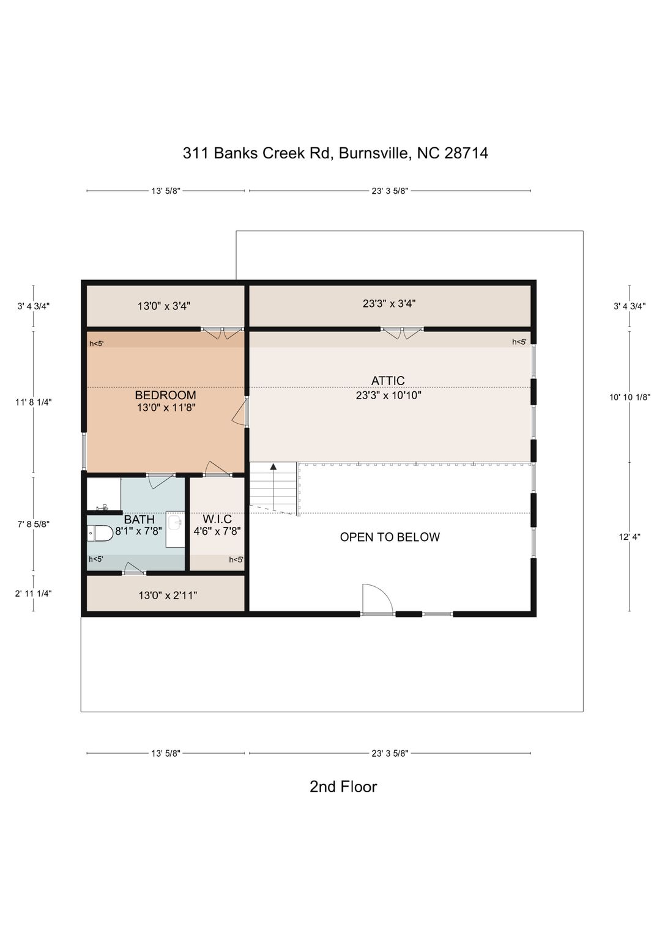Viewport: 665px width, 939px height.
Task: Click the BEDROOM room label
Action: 165,395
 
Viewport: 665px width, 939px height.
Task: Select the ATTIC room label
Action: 388,381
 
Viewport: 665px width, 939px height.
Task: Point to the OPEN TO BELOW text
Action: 390,537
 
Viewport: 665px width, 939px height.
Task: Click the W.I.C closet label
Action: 217,520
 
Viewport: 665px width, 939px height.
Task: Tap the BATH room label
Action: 139,520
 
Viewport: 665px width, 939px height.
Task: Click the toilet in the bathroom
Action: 100,534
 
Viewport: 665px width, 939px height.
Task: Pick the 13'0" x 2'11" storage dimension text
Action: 168,595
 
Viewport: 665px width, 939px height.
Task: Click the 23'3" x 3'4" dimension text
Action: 389,303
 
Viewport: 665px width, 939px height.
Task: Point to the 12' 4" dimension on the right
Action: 630,537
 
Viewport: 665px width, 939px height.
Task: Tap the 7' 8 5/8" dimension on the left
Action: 34,524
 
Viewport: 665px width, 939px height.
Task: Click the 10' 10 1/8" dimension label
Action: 630,397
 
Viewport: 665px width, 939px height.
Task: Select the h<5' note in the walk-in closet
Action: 236,559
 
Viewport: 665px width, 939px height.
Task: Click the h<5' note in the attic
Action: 519,342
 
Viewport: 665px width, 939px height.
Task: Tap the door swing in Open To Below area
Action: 377,599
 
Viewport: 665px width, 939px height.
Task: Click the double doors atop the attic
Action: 402,333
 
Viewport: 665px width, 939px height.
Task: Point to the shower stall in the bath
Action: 103,494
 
